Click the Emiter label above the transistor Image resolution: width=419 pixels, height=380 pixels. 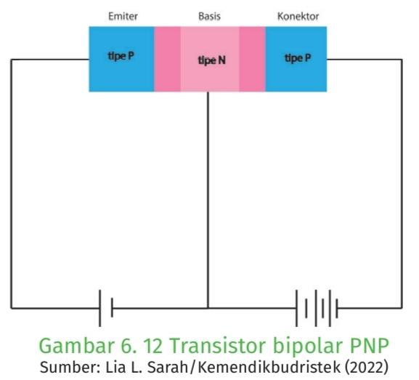123,16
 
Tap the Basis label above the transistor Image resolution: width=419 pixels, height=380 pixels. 209,16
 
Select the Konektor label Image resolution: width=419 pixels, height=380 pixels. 298,16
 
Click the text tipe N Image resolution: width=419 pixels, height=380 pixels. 211,60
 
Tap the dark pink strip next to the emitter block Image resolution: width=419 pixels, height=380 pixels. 167,59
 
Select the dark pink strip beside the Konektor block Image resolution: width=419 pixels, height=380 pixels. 252,59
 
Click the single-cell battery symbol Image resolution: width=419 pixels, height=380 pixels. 106,308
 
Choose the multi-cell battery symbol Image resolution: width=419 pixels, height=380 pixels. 317,308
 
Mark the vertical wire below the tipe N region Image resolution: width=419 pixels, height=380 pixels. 208,200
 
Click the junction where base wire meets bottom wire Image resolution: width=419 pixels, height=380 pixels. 208,308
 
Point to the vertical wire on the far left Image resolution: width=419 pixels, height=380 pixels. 11,184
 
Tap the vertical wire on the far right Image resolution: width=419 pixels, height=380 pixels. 402,184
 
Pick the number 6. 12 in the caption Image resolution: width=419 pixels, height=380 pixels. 142,346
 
